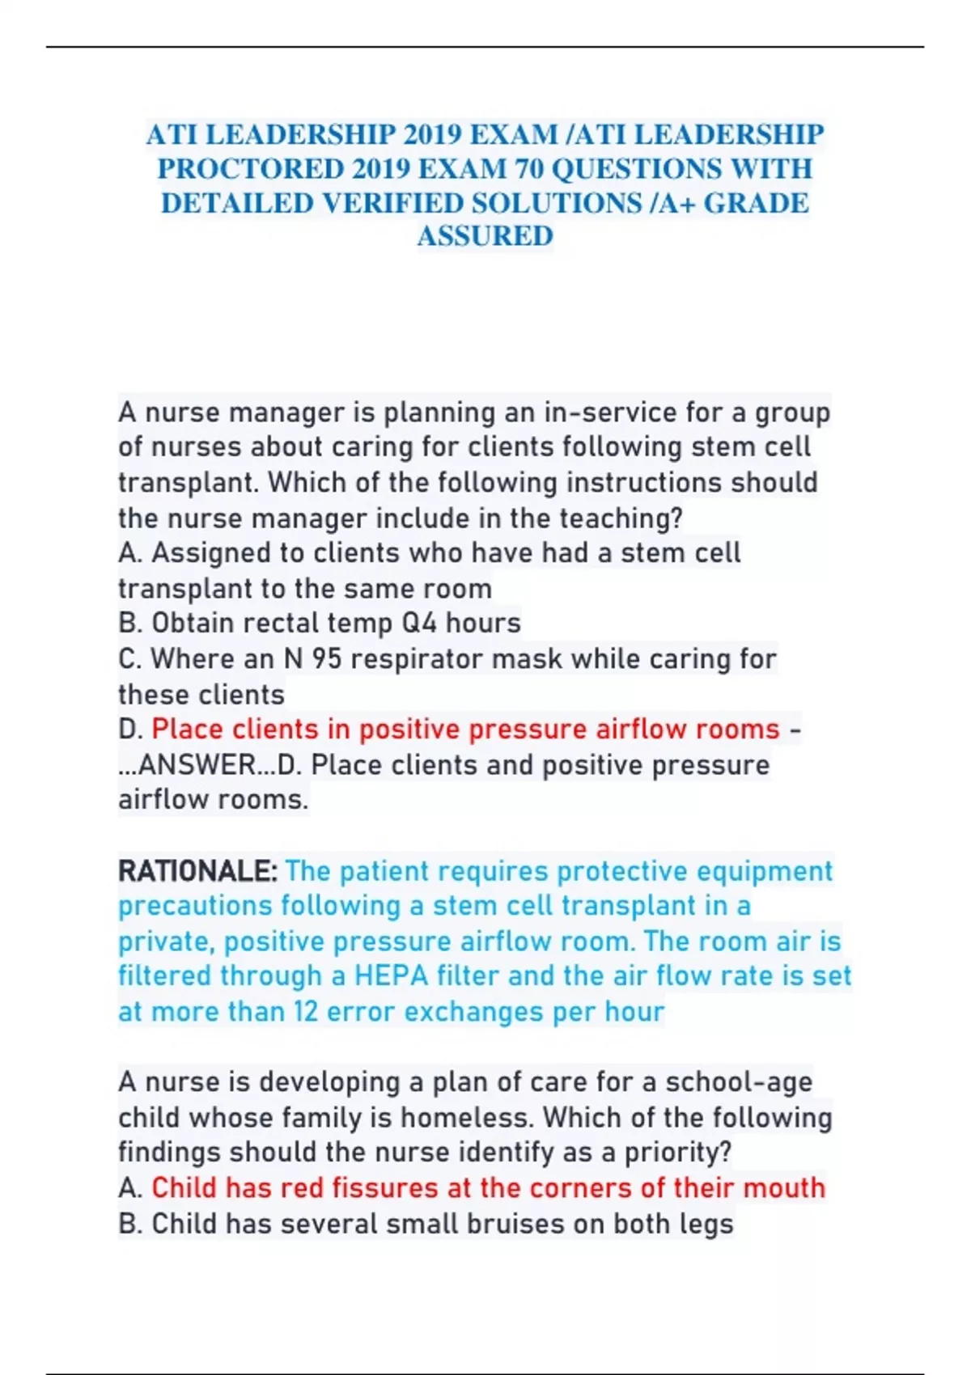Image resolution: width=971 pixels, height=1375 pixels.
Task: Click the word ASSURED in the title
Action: pyautogui.click(x=485, y=236)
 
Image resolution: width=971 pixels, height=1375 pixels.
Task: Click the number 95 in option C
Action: pyautogui.click(x=327, y=658)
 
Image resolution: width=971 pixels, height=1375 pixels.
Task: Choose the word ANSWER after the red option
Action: pyautogui.click(x=197, y=764)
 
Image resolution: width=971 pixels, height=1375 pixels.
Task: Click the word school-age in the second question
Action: pyautogui.click(x=739, y=1082)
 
